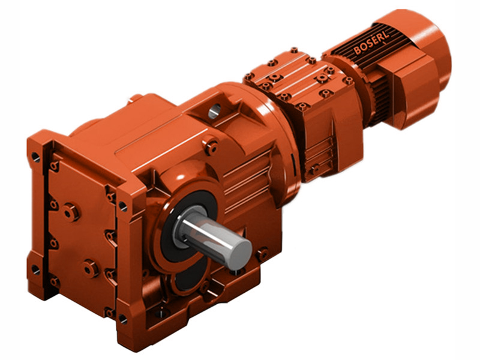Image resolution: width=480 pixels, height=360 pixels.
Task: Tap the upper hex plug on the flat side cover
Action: point(71,211)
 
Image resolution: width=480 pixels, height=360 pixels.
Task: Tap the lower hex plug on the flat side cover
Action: point(91,268)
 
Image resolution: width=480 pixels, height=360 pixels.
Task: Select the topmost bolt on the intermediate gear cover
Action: point(293,52)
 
